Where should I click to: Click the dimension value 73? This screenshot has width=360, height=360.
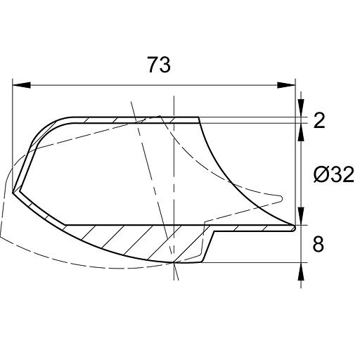click(x=159, y=65)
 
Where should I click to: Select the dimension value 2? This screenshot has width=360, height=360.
click(x=319, y=120)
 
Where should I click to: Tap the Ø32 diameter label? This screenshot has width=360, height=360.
click(x=334, y=174)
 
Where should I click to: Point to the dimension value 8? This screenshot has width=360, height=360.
click(x=319, y=244)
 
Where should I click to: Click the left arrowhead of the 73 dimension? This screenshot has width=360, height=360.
click(x=21, y=85)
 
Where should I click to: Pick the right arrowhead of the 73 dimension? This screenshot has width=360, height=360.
click(x=286, y=85)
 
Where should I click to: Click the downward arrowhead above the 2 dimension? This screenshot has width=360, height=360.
click(x=301, y=108)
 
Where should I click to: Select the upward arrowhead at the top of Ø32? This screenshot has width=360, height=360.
click(x=301, y=132)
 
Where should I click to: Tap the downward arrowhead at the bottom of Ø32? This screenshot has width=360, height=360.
click(x=301, y=216)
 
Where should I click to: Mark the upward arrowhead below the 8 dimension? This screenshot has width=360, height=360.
click(x=301, y=271)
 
